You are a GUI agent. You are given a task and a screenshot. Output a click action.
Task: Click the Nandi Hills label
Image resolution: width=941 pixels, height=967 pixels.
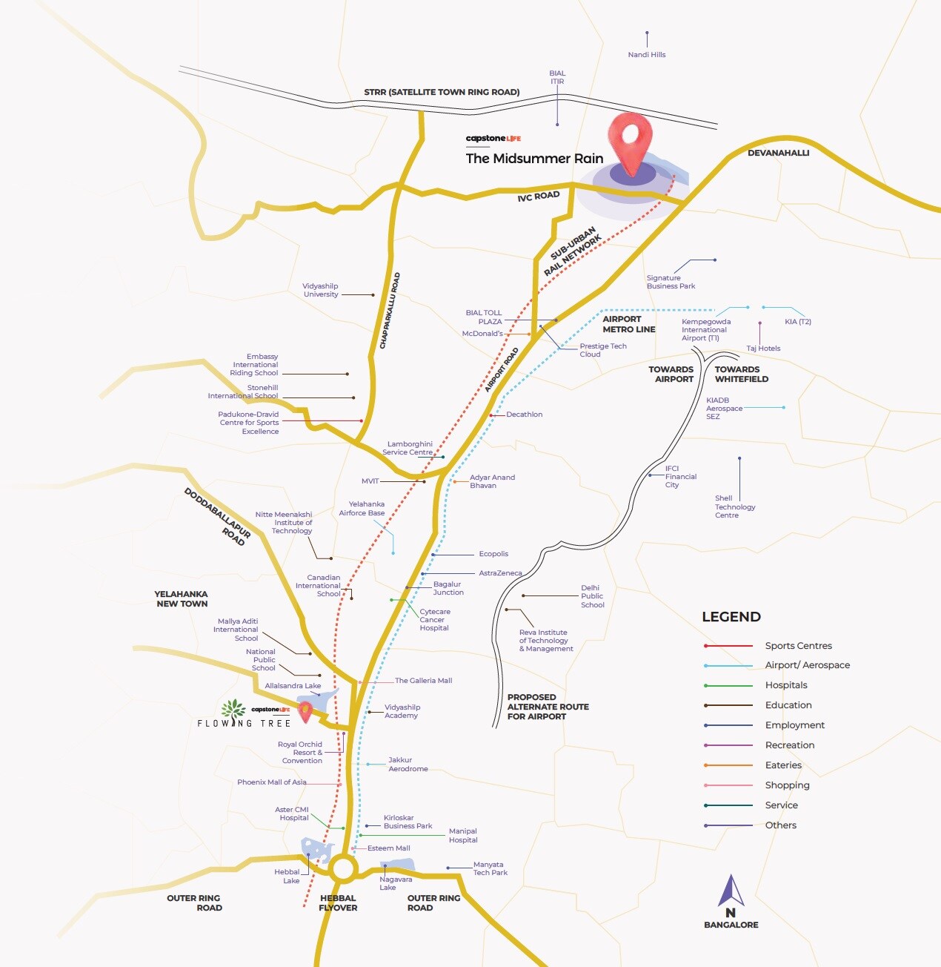646,55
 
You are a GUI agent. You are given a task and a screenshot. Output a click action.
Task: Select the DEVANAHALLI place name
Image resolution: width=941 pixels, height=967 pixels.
778,153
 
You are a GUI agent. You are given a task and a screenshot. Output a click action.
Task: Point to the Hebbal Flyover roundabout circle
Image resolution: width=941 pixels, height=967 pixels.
344,868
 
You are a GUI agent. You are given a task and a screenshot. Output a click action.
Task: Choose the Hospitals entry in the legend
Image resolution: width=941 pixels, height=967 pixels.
785,685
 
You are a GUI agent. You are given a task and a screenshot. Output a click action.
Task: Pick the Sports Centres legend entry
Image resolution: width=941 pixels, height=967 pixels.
798,646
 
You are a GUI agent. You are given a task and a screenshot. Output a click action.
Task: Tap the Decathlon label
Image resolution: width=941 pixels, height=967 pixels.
524,415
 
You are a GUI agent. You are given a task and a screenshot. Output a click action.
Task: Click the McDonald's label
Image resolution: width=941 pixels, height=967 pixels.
482,334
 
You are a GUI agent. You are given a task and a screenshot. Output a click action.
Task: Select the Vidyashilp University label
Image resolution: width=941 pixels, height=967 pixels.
321,290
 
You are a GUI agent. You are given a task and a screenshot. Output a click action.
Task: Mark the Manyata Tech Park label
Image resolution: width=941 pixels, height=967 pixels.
490,868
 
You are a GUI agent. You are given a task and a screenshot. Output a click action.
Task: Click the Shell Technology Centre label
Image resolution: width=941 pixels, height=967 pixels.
734,506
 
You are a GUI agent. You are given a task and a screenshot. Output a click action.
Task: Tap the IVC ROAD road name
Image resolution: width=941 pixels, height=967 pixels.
539,196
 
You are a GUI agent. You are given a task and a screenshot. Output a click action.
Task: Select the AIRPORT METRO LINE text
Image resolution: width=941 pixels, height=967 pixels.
628,324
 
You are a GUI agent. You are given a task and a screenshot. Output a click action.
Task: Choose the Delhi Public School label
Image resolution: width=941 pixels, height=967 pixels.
592,596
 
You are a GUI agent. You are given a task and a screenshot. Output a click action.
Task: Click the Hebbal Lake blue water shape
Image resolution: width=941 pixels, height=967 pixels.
317,849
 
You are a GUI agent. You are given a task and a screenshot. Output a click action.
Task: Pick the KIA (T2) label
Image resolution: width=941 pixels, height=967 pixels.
797,322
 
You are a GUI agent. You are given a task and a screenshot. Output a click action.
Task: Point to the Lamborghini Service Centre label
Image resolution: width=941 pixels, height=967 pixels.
408,448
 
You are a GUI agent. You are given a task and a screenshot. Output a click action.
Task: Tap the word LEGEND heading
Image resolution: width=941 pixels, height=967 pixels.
731,617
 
